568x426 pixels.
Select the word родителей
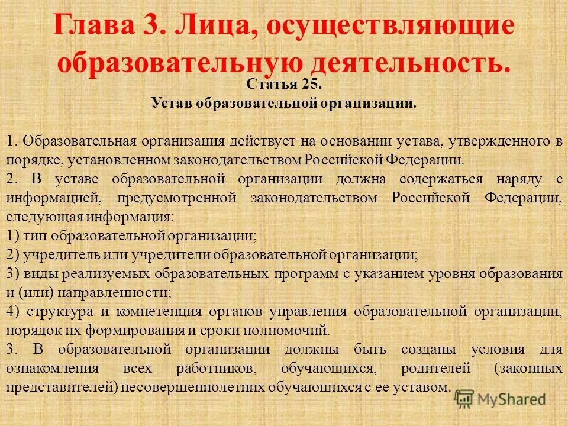coord(435,367)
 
